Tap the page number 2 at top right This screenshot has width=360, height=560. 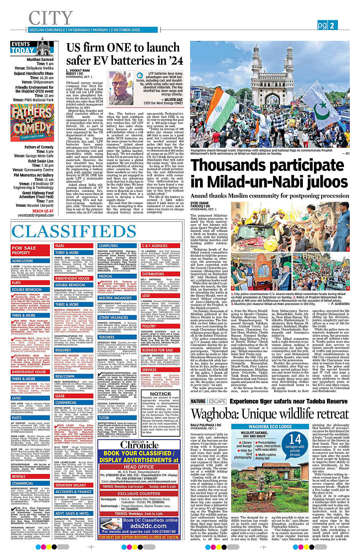[332, 26]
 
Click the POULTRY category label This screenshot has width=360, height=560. [148, 326]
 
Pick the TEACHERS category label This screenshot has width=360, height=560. [106, 337]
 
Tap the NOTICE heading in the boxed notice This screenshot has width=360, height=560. [160, 393]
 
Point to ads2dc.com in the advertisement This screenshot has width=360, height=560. [148, 526]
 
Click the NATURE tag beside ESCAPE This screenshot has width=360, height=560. [198, 401]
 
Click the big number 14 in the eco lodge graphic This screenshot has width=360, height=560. [295, 439]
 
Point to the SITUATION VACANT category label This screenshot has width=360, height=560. [70, 485]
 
